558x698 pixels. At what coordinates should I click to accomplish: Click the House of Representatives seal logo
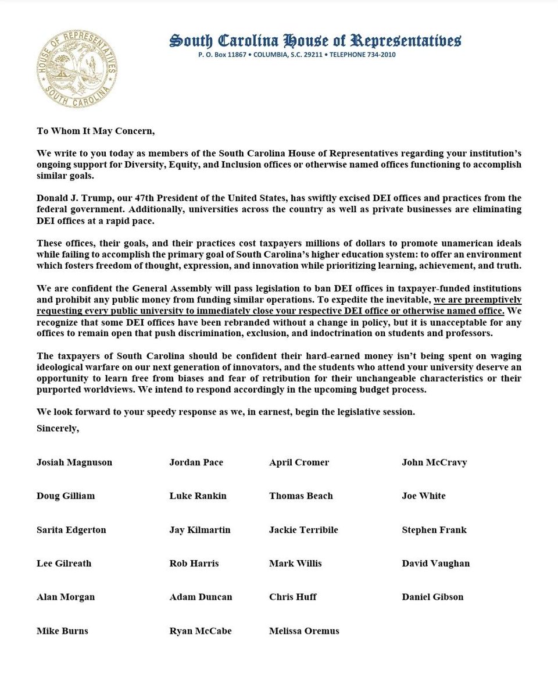pyautogui.click(x=77, y=69)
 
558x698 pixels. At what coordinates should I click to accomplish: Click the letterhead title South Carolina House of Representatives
pyautogui.click(x=315, y=41)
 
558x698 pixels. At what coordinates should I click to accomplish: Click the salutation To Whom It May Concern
pyautogui.click(x=95, y=131)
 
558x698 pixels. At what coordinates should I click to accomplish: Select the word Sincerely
pyautogui.click(x=58, y=428)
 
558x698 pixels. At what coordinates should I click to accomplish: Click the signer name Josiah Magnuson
pyautogui.click(x=74, y=462)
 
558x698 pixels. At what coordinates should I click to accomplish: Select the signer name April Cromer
pyautogui.click(x=299, y=462)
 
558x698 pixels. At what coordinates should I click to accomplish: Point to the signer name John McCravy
pyautogui.click(x=434, y=462)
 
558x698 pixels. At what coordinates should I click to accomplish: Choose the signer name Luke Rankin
pyautogui.click(x=198, y=496)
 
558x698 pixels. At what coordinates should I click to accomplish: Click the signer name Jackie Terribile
pyautogui.click(x=303, y=530)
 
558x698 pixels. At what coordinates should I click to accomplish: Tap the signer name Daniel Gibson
pyautogui.click(x=432, y=597)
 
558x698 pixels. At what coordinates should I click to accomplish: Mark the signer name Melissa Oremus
pyautogui.click(x=304, y=631)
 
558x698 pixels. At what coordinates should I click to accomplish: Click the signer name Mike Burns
pyautogui.click(x=62, y=631)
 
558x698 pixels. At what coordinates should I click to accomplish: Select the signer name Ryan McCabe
pyautogui.click(x=200, y=631)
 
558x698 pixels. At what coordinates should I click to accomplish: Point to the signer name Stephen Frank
pyautogui.click(x=434, y=530)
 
